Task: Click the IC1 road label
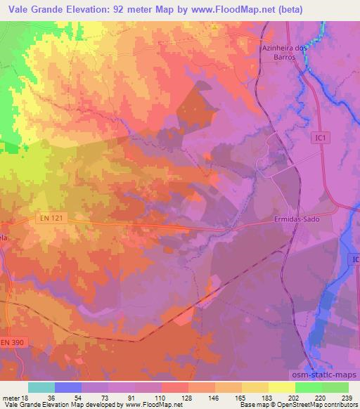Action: click(320, 139)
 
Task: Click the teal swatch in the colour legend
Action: click(41, 387)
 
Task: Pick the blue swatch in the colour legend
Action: click(67, 387)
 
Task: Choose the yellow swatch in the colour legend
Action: click(281, 387)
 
